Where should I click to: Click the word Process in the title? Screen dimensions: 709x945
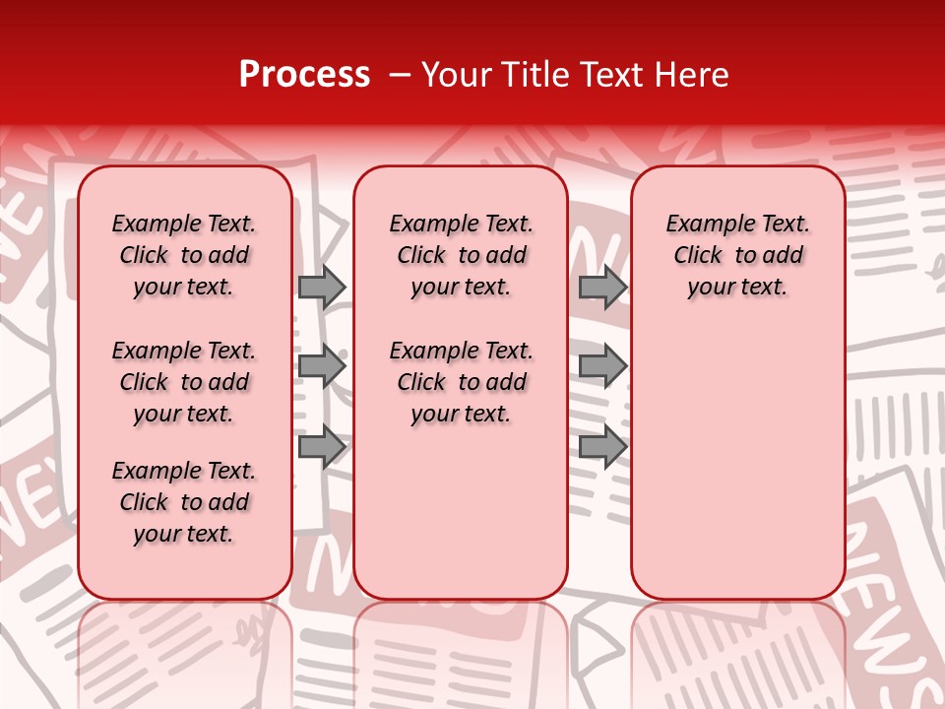click(x=304, y=74)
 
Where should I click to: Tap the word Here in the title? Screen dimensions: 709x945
click(x=694, y=75)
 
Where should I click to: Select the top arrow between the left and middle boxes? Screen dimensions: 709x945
click(x=321, y=287)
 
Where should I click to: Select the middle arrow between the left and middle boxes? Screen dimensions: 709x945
click(x=321, y=367)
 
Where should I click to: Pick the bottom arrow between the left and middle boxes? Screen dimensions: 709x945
click(x=321, y=447)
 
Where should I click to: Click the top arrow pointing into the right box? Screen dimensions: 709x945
click(x=602, y=287)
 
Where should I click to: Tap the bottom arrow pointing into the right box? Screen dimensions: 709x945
click(x=602, y=447)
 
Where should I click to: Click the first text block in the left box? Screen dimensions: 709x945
click(x=184, y=255)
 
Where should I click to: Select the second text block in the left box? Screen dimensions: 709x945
click(x=184, y=382)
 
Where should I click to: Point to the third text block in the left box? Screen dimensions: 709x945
click(x=184, y=502)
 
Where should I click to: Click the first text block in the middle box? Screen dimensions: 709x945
click(x=461, y=255)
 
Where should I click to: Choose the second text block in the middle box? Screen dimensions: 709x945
click(x=461, y=382)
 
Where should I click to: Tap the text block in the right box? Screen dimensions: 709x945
click(x=737, y=255)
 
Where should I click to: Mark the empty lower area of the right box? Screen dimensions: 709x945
click(x=737, y=453)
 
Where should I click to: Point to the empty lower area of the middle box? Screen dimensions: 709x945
click(x=461, y=512)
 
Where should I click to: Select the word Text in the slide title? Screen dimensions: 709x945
click(x=616, y=75)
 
